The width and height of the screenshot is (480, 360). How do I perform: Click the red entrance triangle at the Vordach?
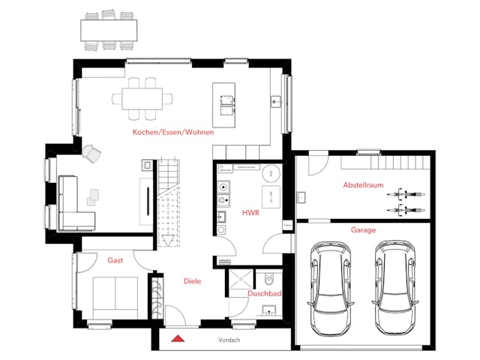pos(178,338)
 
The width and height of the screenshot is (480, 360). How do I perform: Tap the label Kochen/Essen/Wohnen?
pos(173,132)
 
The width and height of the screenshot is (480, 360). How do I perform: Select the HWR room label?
pos(250,213)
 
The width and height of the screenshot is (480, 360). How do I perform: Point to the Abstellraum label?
pos(364,184)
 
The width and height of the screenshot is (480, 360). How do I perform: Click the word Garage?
pos(363,230)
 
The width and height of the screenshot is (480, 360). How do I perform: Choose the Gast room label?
pos(115,259)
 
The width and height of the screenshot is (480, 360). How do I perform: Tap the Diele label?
pos(193,281)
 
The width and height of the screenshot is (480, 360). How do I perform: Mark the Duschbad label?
pos(265,294)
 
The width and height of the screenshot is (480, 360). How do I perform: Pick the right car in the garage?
pos(396,286)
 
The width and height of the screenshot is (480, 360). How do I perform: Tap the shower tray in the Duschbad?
pos(240,278)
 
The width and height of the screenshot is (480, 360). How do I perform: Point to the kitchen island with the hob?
pos(224,104)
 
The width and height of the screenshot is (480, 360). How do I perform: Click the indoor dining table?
pos(142,97)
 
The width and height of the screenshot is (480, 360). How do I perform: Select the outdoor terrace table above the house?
pos(109,29)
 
